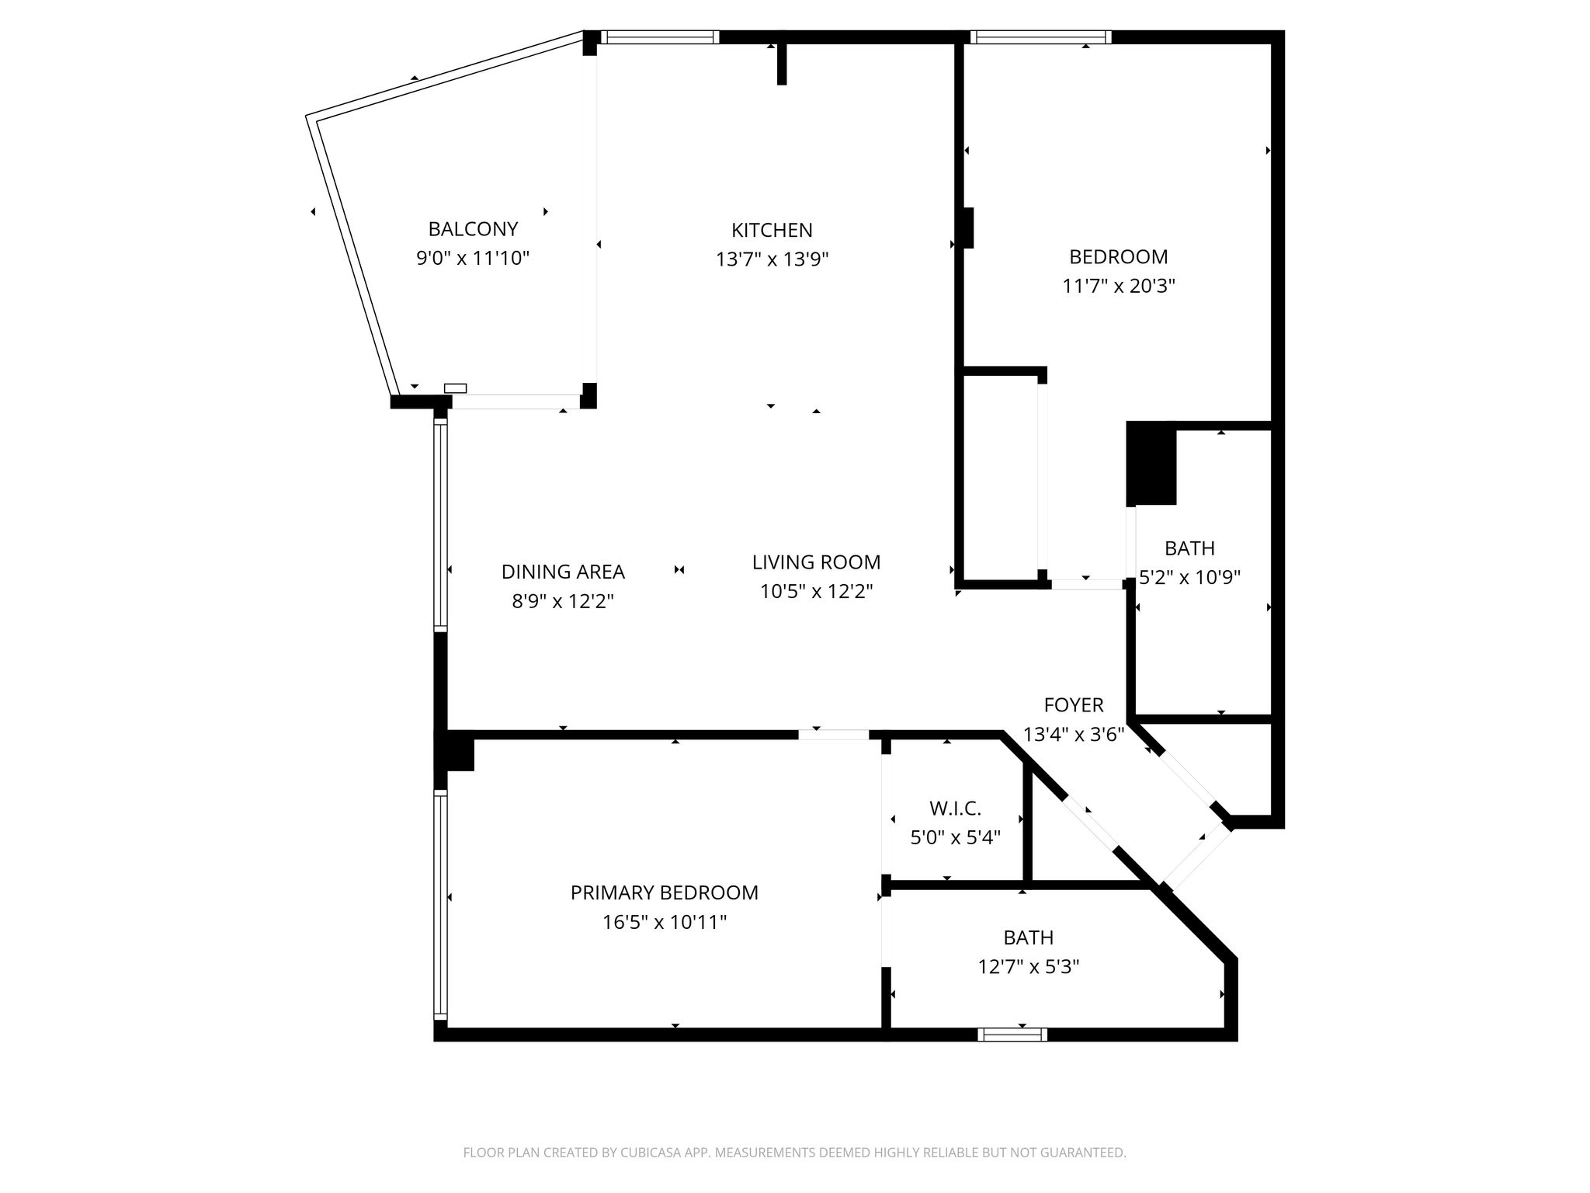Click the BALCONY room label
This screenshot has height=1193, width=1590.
pos(473,229)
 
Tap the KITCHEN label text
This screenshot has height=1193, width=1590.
pos(772,230)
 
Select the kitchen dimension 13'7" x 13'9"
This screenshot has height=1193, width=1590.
pos(772,259)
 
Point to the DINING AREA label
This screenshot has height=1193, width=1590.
pos(563,572)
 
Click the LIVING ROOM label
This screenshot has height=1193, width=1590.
pos(816,562)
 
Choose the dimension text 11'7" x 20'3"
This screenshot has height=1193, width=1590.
pos(1118,286)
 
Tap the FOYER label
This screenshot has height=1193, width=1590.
pos(1074,705)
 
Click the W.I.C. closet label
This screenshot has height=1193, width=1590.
pos(955,809)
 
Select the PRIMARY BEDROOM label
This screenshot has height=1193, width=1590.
pos(664,893)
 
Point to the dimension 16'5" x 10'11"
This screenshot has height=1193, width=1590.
pos(664,923)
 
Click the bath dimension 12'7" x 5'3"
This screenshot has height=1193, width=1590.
pos(1028,967)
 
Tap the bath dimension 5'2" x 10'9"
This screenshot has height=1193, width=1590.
pos(1189,578)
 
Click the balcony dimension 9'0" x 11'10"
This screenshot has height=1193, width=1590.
pos(473,258)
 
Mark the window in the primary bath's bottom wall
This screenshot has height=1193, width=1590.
pos(1012,1034)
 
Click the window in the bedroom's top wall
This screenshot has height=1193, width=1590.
pos(1040,37)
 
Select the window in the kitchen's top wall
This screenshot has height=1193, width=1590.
pos(660,37)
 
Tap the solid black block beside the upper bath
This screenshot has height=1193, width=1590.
pos(1151,464)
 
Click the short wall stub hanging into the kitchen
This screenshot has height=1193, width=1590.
pos(782,59)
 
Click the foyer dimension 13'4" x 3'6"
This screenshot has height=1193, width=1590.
pos(1074,735)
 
